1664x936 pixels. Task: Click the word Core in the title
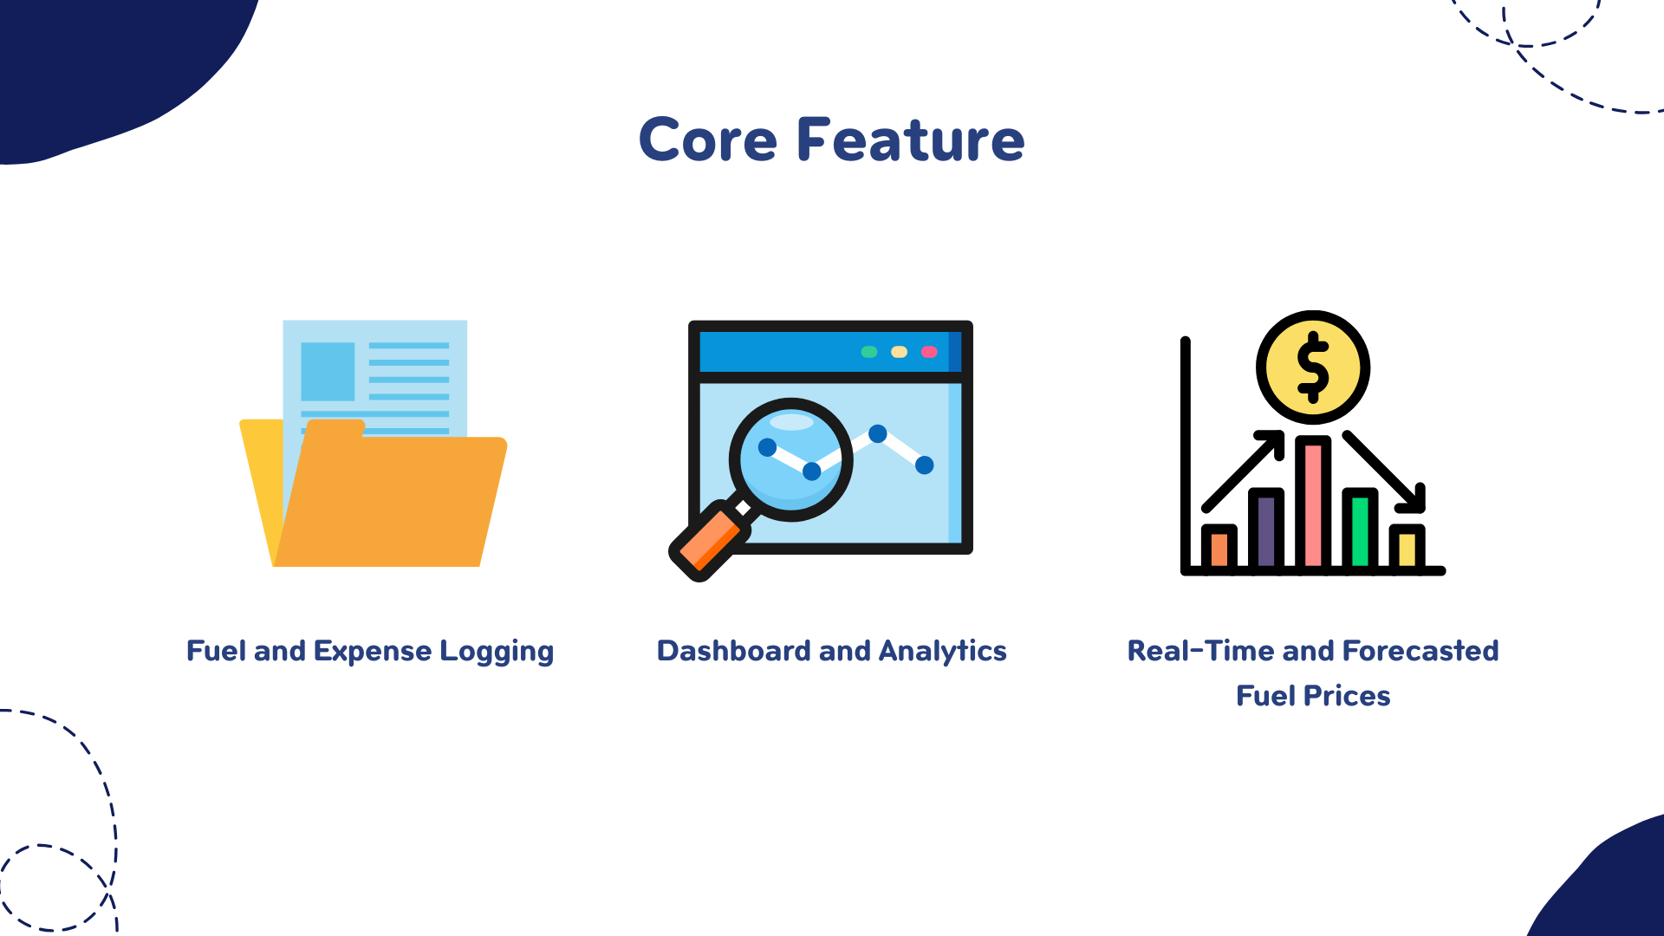tap(708, 140)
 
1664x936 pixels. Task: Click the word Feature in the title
tap(911, 140)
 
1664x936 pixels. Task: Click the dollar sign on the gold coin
tap(1313, 367)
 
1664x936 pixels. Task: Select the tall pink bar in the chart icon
tap(1313, 503)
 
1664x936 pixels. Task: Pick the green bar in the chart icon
tap(1360, 530)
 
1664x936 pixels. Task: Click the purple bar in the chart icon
tap(1266, 530)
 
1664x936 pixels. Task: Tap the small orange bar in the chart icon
tap(1219, 548)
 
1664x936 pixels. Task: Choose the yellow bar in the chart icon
tap(1407, 548)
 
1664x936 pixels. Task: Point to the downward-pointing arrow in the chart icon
tap(1384, 471)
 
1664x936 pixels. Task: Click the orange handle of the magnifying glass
tap(709, 542)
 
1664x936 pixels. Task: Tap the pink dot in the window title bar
tap(929, 352)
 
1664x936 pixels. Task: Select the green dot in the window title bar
tap(869, 352)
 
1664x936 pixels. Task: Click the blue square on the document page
tap(328, 372)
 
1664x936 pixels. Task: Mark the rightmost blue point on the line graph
tap(925, 465)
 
